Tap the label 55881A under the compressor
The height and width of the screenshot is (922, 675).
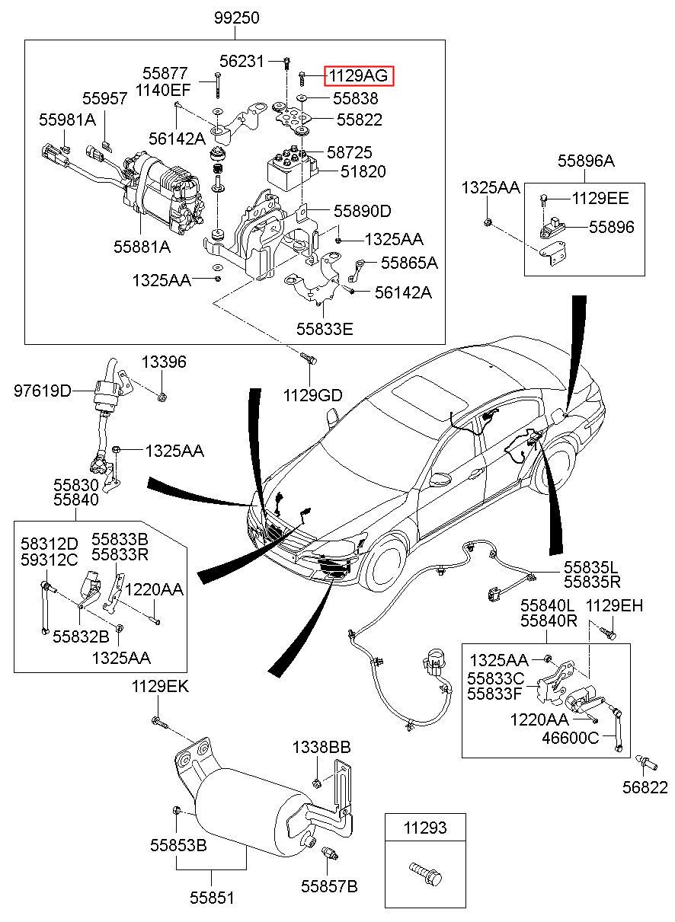142,247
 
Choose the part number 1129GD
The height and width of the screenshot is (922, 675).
313,395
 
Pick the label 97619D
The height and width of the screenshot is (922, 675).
43,391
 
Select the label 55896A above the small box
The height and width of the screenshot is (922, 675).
585,161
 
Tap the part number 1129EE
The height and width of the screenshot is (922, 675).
600,199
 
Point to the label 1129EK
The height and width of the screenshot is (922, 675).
160,687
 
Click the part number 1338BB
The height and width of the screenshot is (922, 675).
322,748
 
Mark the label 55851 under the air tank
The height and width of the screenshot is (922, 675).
212,898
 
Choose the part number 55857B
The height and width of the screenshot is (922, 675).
329,886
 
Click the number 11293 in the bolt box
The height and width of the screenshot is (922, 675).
425,828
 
